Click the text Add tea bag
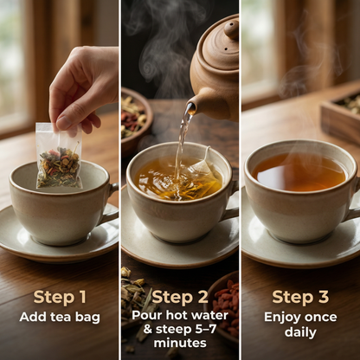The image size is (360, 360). tap(59, 317)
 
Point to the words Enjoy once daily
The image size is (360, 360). tap(299, 324)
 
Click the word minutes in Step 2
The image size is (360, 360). tap(179, 344)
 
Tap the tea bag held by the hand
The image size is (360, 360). tap(58, 157)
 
